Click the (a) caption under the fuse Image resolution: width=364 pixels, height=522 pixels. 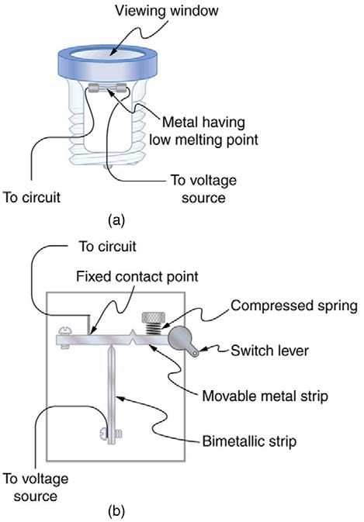click(116, 220)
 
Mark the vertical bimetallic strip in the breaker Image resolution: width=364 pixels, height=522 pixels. click(114, 384)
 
